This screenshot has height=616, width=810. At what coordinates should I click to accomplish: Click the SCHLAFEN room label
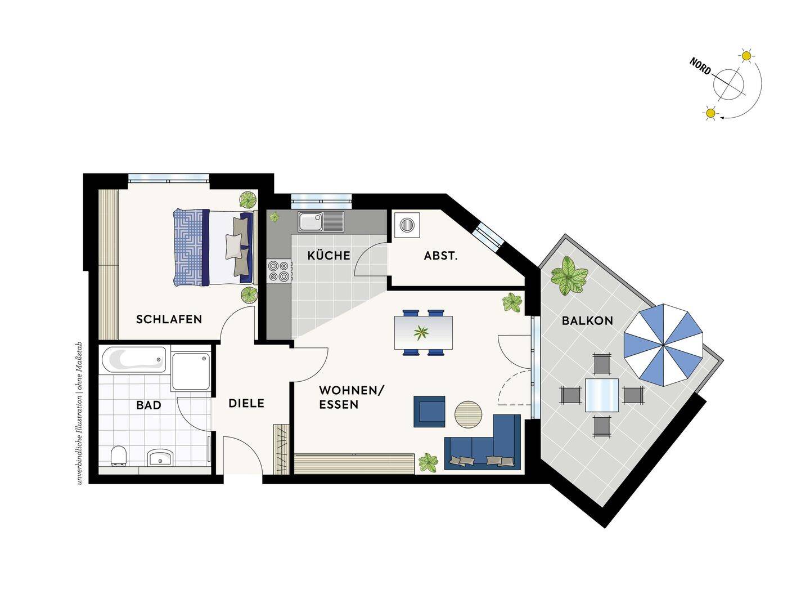(169, 319)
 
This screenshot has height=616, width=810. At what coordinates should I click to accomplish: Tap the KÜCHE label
(329, 255)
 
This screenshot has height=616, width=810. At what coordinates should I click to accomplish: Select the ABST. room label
(440, 256)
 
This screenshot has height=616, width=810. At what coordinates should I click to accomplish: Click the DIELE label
(246, 403)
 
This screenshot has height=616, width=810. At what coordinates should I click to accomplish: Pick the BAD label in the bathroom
(148, 405)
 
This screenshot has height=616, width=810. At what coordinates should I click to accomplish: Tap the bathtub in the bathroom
(133, 359)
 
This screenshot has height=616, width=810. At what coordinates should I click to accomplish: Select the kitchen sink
(321, 221)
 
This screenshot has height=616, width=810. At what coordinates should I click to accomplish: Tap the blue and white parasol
(663, 345)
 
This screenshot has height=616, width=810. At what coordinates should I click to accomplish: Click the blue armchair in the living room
(429, 412)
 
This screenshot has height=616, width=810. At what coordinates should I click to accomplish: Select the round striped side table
(469, 414)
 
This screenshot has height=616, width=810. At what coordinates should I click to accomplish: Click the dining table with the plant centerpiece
(423, 332)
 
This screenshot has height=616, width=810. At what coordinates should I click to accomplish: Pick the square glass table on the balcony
(602, 395)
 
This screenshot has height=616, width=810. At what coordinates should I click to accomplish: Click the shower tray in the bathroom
(191, 372)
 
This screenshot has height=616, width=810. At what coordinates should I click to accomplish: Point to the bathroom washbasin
(160, 457)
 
